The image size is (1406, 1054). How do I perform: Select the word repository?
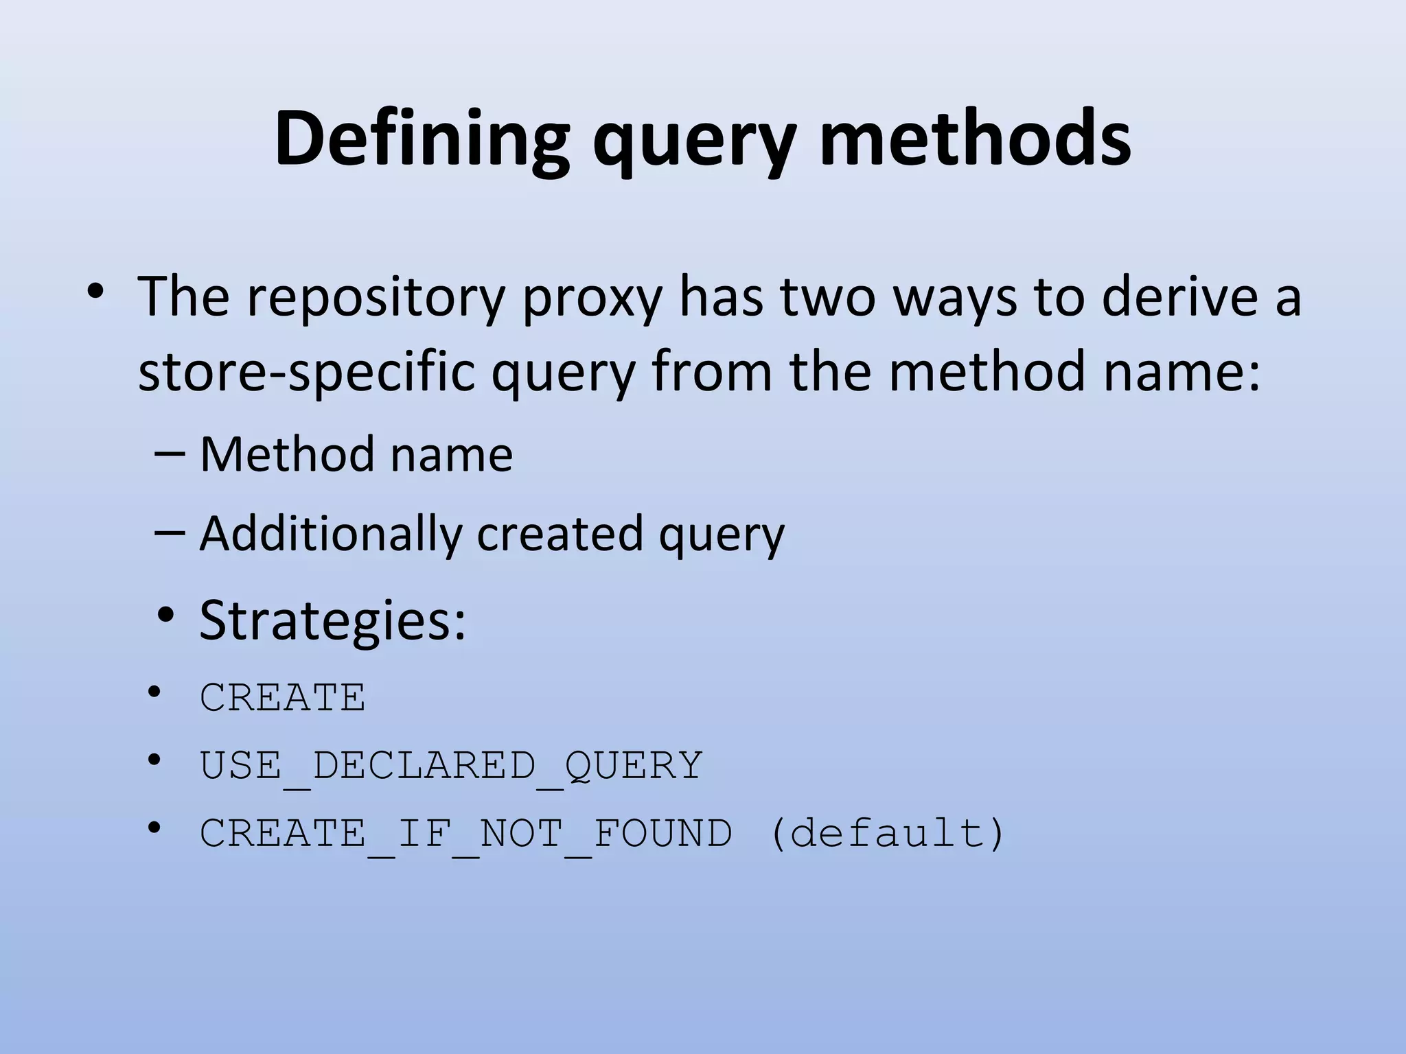376,297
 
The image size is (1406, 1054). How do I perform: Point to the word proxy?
592,297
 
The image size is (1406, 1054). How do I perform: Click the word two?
827,296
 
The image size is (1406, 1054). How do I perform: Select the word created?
560,534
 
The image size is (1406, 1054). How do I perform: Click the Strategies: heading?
332,620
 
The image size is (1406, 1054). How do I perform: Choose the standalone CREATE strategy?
282,698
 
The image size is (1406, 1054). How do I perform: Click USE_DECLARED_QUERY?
451,765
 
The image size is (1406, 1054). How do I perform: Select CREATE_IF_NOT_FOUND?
466,833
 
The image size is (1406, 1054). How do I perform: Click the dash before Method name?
170,454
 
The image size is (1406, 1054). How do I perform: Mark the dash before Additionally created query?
170,532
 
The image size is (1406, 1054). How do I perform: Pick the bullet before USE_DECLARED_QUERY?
154,760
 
